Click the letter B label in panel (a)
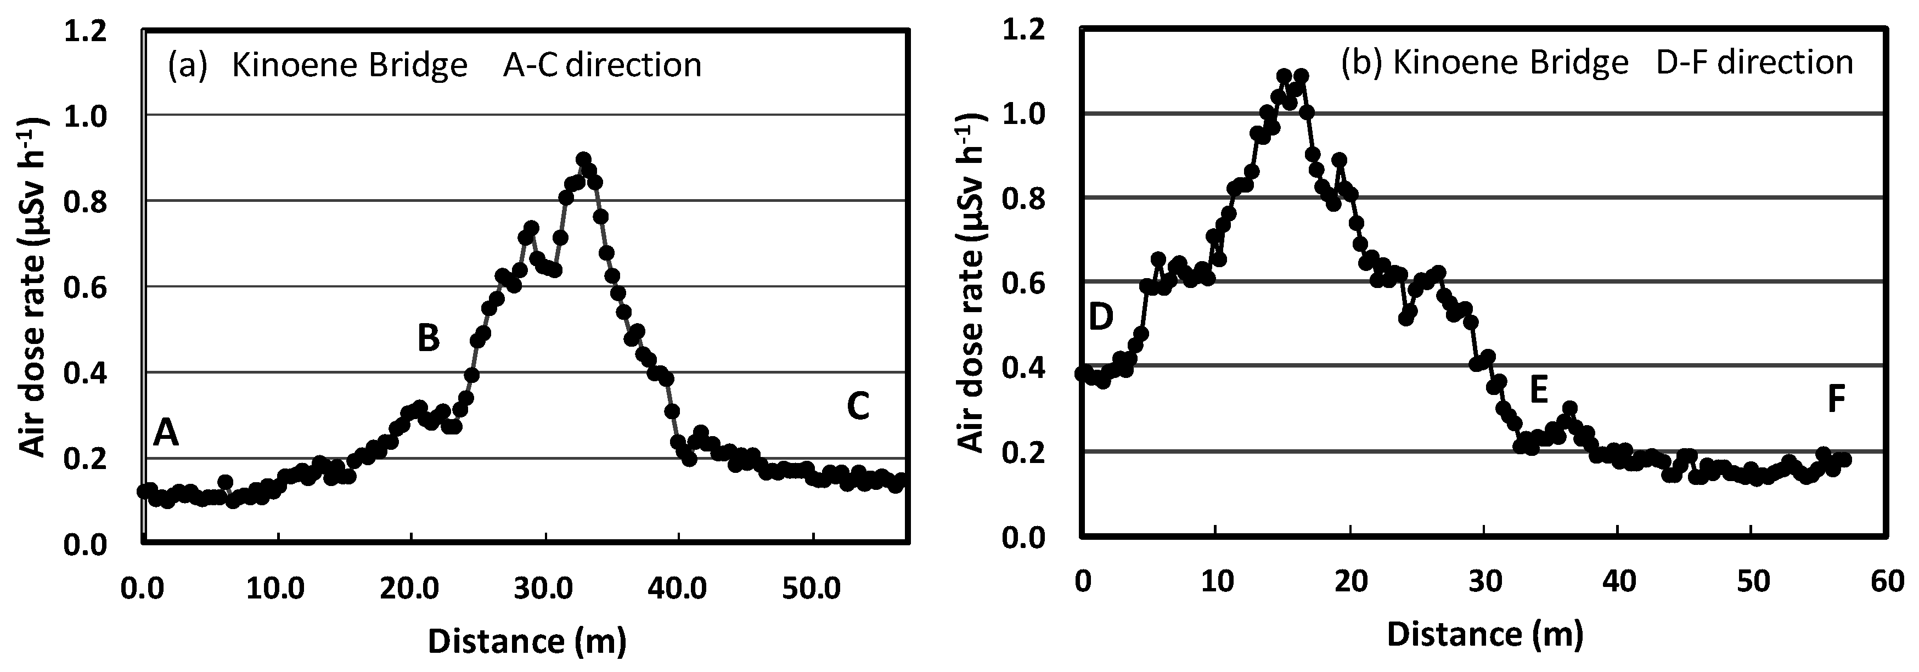(x=429, y=338)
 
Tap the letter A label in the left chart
(x=165, y=433)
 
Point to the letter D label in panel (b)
(x=1100, y=318)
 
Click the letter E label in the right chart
(x=1538, y=389)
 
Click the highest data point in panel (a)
(x=583, y=160)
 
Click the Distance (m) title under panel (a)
(x=527, y=641)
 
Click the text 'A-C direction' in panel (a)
(x=602, y=66)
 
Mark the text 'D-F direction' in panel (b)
(x=1754, y=63)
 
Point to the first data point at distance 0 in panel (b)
(x=1082, y=373)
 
